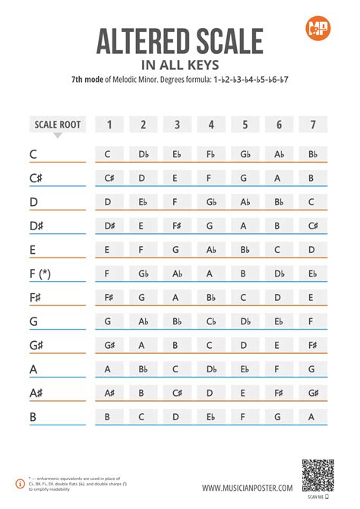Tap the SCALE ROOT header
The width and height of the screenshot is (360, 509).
[58, 125]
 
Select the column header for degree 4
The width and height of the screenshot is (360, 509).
[211, 125]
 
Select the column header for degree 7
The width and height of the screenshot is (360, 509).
[311, 125]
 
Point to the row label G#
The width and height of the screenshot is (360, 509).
[37, 346]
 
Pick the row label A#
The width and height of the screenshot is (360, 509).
[37, 393]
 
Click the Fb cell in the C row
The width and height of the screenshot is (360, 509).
[211, 154]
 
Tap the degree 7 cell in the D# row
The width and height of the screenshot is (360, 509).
[311, 226]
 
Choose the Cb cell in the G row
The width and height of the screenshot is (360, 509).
[211, 321]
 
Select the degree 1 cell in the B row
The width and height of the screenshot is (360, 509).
[108, 416]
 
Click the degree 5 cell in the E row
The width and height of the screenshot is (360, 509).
[245, 249]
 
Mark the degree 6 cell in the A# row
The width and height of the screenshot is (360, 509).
[278, 393]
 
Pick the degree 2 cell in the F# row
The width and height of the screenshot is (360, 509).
[142, 298]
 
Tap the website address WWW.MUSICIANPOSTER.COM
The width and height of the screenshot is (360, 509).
[247, 487]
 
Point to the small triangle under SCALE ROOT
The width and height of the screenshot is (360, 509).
[58, 137]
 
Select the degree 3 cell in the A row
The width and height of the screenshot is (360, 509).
[176, 369]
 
